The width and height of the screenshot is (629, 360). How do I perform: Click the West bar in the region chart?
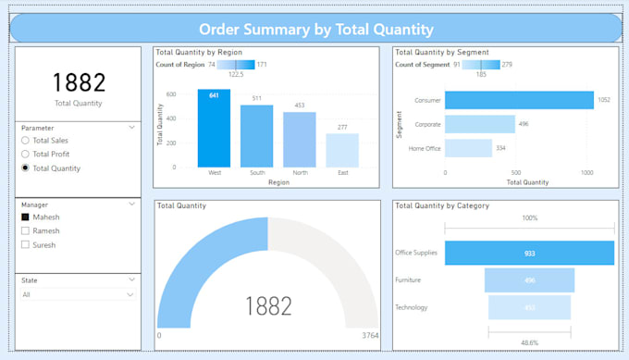tap(214, 129)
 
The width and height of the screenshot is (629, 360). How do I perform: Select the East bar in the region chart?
tap(342, 150)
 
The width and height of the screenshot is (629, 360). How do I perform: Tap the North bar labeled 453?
tap(300, 140)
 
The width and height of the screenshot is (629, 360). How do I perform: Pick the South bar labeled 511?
tap(256, 136)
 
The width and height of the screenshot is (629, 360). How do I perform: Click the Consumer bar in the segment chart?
tap(518, 100)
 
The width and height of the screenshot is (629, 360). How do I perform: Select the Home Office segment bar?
tap(468, 148)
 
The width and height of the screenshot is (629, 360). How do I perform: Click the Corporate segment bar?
tap(479, 124)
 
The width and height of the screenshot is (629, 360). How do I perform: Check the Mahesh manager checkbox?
tap(25, 217)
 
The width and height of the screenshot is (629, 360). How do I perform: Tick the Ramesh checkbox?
tap(25, 231)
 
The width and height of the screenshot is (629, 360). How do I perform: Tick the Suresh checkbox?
tap(25, 245)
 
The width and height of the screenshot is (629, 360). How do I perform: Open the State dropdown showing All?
tap(78, 294)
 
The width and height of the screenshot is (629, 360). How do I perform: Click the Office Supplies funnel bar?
tap(529, 253)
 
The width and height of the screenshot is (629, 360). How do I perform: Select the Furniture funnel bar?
tap(529, 280)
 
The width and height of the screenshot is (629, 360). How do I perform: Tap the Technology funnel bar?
tap(529, 307)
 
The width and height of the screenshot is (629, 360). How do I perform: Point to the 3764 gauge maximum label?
tap(369, 336)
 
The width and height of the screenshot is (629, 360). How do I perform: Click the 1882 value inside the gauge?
tap(267, 306)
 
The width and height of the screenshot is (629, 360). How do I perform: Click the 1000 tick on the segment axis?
tap(587, 172)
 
